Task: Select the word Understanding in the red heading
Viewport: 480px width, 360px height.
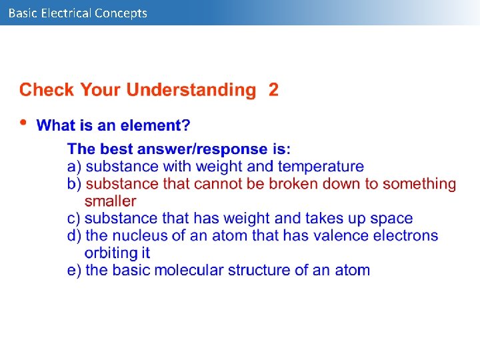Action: tap(191, 90)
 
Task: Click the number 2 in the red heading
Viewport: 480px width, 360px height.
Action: tap(273, 90)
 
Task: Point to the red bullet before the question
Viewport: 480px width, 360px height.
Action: tap(24, 123)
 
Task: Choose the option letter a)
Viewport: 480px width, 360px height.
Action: tap(75, 166)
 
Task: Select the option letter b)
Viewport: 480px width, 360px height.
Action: tap(75, 183)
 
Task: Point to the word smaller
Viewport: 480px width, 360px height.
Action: tap(110, 201)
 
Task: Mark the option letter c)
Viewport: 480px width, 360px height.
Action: tap(75, 218)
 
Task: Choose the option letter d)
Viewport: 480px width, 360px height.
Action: tap(75, 235)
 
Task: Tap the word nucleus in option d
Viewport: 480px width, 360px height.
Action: tap(140, 235)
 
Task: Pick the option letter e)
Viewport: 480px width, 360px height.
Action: tap(75, 270)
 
